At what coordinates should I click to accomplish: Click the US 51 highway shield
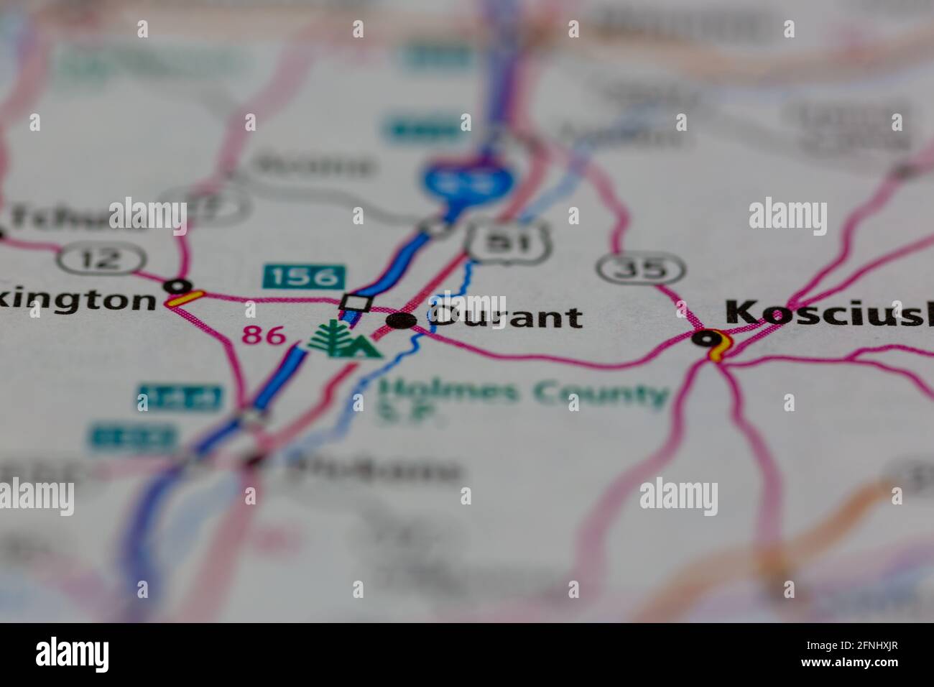coord(509,241)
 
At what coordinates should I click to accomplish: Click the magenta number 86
coord(263,334)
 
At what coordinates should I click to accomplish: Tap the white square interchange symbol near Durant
coord(356,303)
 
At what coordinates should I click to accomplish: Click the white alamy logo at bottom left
coord(73,655)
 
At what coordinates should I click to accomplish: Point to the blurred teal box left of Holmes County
coord(180,397)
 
